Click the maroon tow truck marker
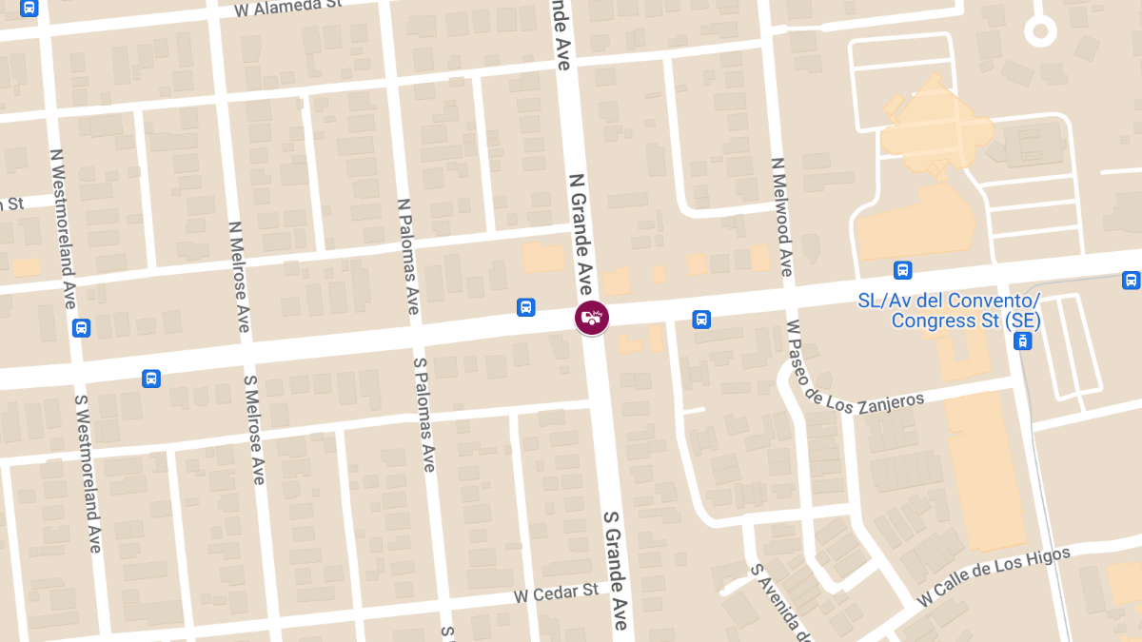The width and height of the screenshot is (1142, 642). coord(592,317)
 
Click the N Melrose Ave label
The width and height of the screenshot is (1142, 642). coord(239,277)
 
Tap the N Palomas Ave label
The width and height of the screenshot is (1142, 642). coord(408,256)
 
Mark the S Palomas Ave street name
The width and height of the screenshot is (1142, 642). coord(424,415)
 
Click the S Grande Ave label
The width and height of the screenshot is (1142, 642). coord(615,569)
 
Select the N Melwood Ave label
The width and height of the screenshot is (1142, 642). coord(782,217)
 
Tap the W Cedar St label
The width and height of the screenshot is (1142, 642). coord(557,593)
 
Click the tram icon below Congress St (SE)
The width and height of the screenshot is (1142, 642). coord(1022,341)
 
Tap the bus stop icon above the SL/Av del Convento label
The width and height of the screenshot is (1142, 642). coord(903,270)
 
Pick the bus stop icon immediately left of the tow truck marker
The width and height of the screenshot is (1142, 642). coord(525,307)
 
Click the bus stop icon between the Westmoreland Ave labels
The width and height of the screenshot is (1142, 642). coord(81,328)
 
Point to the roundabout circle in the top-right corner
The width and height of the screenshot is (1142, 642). coord(1040,31)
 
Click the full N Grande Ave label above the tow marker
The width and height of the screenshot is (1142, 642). coord(582,234)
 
